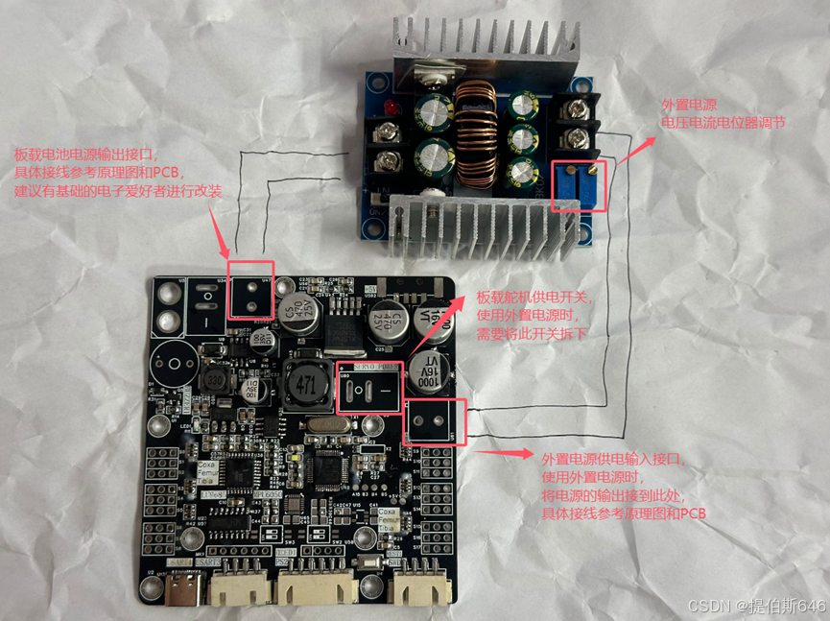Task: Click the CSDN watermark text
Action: [756, 606]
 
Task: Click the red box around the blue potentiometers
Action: [581, 185]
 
